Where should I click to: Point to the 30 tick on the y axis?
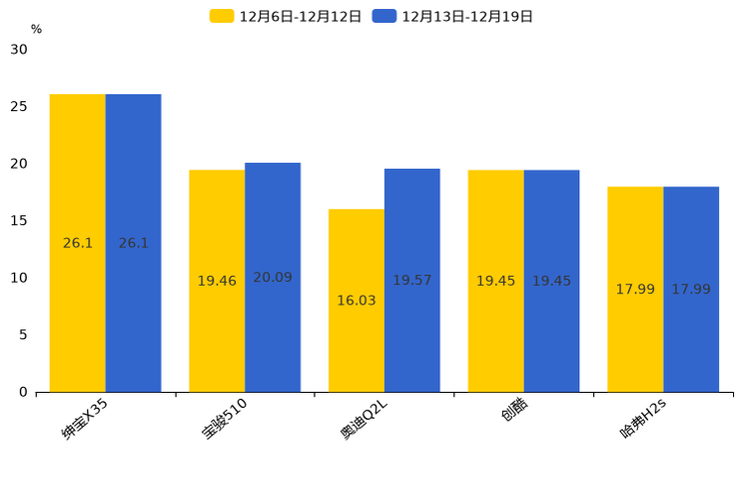tap(19, 49)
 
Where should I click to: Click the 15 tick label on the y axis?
tap(19, 221)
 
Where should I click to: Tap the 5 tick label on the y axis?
tap(23, 335)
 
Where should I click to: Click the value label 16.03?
tap(357, 301)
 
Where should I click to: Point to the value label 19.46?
tap(217, 281)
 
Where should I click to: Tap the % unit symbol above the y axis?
tap(36, 29)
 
